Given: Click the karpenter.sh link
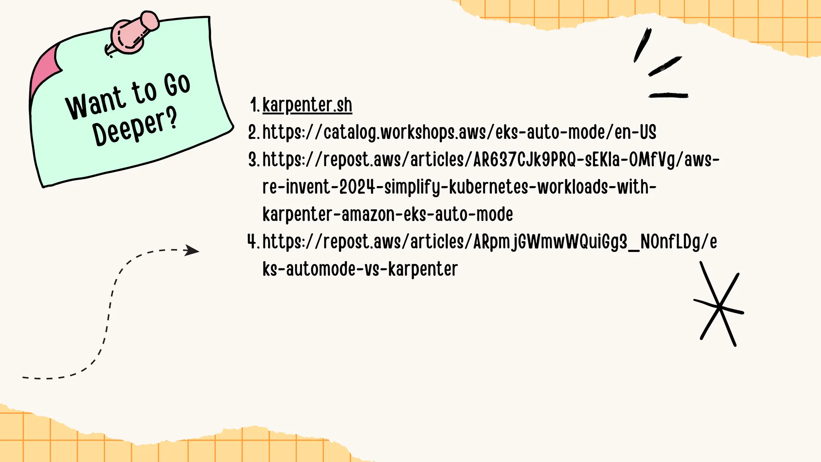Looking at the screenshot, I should [x=307, y=105].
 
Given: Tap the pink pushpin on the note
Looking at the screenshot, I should [x=134, y=34].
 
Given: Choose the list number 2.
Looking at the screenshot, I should [x=253, y=132].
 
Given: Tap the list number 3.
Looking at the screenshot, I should [x=253, y=160].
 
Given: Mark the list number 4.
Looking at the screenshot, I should [x=253, y=241].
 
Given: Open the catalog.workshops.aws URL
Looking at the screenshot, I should [x=459, y=132].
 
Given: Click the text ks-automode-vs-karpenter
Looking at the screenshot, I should [x=360, y=269].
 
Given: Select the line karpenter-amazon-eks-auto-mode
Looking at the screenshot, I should [x=387, y=214].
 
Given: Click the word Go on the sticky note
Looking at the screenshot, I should [x=177, y=85].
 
